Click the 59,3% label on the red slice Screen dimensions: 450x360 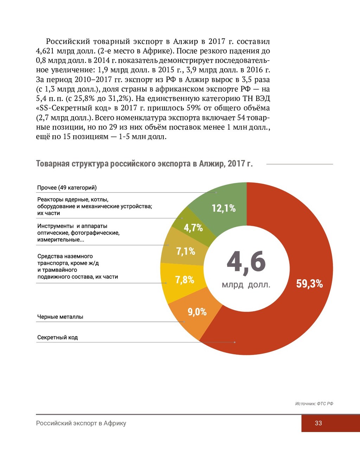pyautogui.click(x=309, y=284)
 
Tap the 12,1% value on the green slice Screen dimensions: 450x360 pyautogui.click(x=224, y=208)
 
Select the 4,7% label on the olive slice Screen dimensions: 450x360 pyautogui.click(x=193, y=228)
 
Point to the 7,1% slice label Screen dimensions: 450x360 pyautogui.click(x=186, y=251)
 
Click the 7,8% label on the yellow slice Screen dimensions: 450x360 pyautogui.click(x=185, y=280)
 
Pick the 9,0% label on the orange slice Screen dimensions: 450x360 pyautogui.click(x=197, y=312)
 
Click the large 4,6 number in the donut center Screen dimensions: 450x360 pyautogui.click(x=246, y=262)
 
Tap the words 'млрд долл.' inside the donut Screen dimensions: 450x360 pyautogui.click(x=246, y=285)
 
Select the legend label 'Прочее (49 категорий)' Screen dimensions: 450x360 pyautogui.click(x=67, y=188)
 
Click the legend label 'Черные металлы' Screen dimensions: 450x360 pyautogui.click(x=60, y=317)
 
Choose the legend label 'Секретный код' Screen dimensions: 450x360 pyautogui.click(x=57, y=337)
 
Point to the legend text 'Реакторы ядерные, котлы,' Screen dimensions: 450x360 pyautogui.click(x=73, y=200)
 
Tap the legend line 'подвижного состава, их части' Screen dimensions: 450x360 pyautogui.click(x=77, y=277)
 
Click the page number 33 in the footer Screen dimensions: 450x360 pyautogui.click(x=318, y=423)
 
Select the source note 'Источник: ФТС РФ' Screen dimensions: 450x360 pyautogui.click(x=314, y=404)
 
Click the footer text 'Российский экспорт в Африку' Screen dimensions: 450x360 pyautogui.click(x=81, y=423)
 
